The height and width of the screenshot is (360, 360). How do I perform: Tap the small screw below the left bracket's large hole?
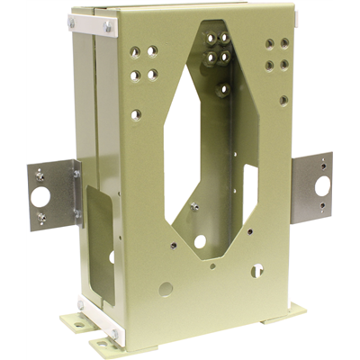coord(41,216)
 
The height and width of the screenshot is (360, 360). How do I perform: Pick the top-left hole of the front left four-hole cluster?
coord(135,53)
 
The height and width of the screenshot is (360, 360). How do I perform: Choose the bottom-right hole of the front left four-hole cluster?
coord(152,76)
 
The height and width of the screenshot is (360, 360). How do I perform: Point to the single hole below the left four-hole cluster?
coord(136,114)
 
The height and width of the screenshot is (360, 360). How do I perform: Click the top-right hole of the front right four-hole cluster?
coord(284,42)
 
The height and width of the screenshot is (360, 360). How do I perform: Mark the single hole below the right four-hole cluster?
coord(283,100)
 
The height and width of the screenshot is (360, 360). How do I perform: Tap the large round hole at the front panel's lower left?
coord(166,289)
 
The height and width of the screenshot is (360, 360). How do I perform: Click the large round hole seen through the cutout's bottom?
coord(200,241)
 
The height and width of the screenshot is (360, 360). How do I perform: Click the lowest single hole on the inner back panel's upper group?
coord(222,89)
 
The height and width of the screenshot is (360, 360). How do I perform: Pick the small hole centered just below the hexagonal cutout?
coord(212,265)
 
